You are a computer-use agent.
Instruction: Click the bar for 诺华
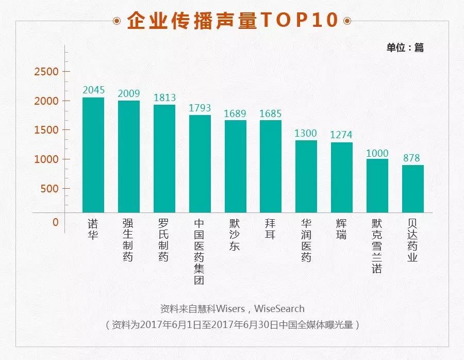tap(93, 155)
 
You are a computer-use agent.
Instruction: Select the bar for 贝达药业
tap(412, 189)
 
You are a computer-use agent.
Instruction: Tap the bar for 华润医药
tap(306, 176)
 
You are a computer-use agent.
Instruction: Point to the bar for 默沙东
tap(235, 166)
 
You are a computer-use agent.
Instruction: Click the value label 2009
tap(128, 93)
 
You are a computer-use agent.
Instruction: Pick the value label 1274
tap(341, 135)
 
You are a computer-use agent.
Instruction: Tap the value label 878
tap(412, 158)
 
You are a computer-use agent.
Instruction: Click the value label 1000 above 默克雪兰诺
tap(377, 153)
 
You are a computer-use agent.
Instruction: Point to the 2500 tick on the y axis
tap(46, 72)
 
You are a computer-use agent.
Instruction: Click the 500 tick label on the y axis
tap(49, 189)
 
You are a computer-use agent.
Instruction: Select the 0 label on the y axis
tap(56, 223)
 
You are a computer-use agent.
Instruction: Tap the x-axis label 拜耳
tap(270, 230)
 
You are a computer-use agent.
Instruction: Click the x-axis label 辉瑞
tap(341, 230)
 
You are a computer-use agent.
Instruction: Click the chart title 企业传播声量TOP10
tap(232, 21)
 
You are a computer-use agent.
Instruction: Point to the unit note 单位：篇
tap(405, 47)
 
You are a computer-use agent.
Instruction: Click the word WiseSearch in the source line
tap(279, 309)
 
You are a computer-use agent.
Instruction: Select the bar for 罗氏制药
tap(164, 158)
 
